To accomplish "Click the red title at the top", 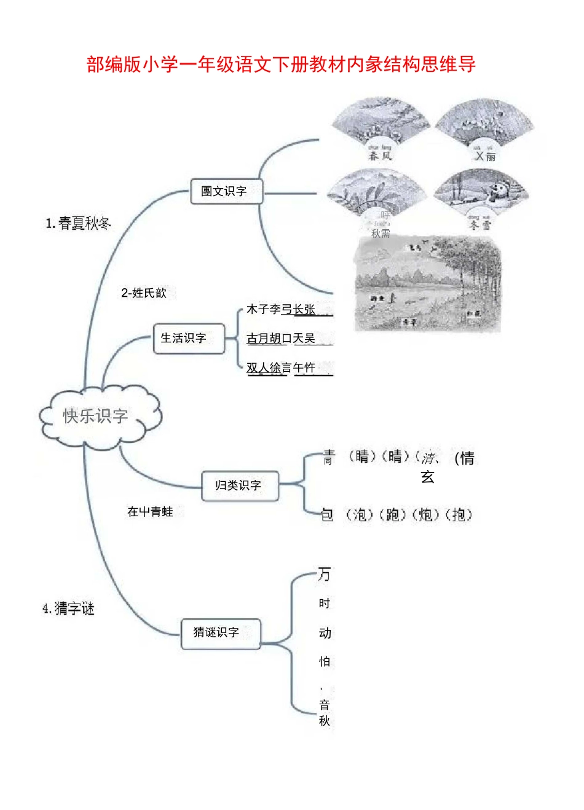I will tap(281, 64).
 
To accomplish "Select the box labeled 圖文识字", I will tap(226, 191).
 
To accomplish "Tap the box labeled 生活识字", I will tap(187, 338).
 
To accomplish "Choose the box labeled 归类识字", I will tap(239, 486).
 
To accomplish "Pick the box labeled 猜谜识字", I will tap(220, 632).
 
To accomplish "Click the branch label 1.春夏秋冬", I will tap(77, 224).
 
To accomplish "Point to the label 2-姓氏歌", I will tap(144, 293).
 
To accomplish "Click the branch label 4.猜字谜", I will tap(68, 609).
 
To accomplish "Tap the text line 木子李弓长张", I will tap(281, 310).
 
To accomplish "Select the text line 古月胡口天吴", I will tap(281, 339).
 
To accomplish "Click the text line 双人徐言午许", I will tap(281, 368).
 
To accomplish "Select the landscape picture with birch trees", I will tap(428, 283).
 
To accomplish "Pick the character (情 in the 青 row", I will tap(465, 458).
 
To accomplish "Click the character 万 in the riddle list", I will tap(324, 575).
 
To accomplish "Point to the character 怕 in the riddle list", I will tap(325, 662).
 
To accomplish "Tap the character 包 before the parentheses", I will tap(327, 514).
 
